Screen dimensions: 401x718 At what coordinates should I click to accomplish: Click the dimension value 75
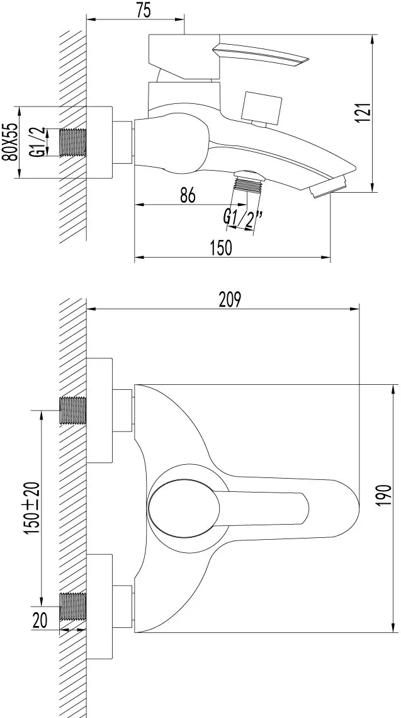coord(144,11)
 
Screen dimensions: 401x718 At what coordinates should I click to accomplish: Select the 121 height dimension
coord(364,113)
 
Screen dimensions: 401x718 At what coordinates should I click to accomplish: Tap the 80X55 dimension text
coord(10,142)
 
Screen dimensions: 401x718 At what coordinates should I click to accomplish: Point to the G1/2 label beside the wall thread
coord(40,142)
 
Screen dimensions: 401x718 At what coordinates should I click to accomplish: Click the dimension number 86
coord(188,195)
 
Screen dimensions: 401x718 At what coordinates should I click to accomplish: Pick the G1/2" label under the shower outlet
coord(242,216)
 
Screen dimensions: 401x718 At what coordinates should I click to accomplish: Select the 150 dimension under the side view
coord(221,248)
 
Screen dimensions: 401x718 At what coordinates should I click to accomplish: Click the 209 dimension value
coord(230,299)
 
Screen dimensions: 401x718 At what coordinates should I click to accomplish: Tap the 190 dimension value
coord(385,494)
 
